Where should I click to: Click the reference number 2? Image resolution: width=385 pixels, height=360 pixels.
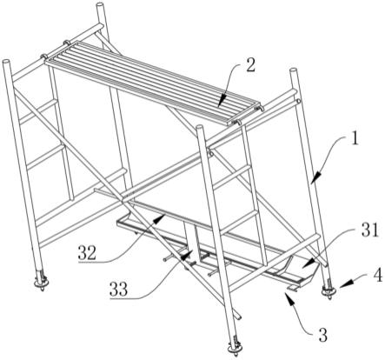pyautogui.click(x=250, y=65)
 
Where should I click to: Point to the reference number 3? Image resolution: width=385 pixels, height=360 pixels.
pyautogui.click(x=322, y=336)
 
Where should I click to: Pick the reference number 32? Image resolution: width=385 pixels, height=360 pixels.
pyautogui.click(x=87, y=252)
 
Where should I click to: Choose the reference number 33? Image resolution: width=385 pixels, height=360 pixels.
pyautogui.click(x=119, y=289)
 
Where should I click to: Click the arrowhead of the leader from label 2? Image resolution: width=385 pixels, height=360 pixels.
pyautogui.click(x=221, y=104)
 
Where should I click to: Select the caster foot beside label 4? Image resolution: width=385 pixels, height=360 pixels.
pyautogui.click(x=329, y=289)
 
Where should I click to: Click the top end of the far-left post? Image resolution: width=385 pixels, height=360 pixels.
pyautogui.click(x=6, y=62)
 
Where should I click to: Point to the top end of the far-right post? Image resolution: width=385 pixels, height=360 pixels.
pyautogui.click(x=293, y=70)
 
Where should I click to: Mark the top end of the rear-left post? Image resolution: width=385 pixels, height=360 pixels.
pyautogui.click(x=100, y=5)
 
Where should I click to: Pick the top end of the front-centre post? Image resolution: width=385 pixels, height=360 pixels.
pyautogui.click(x=200, y=128)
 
